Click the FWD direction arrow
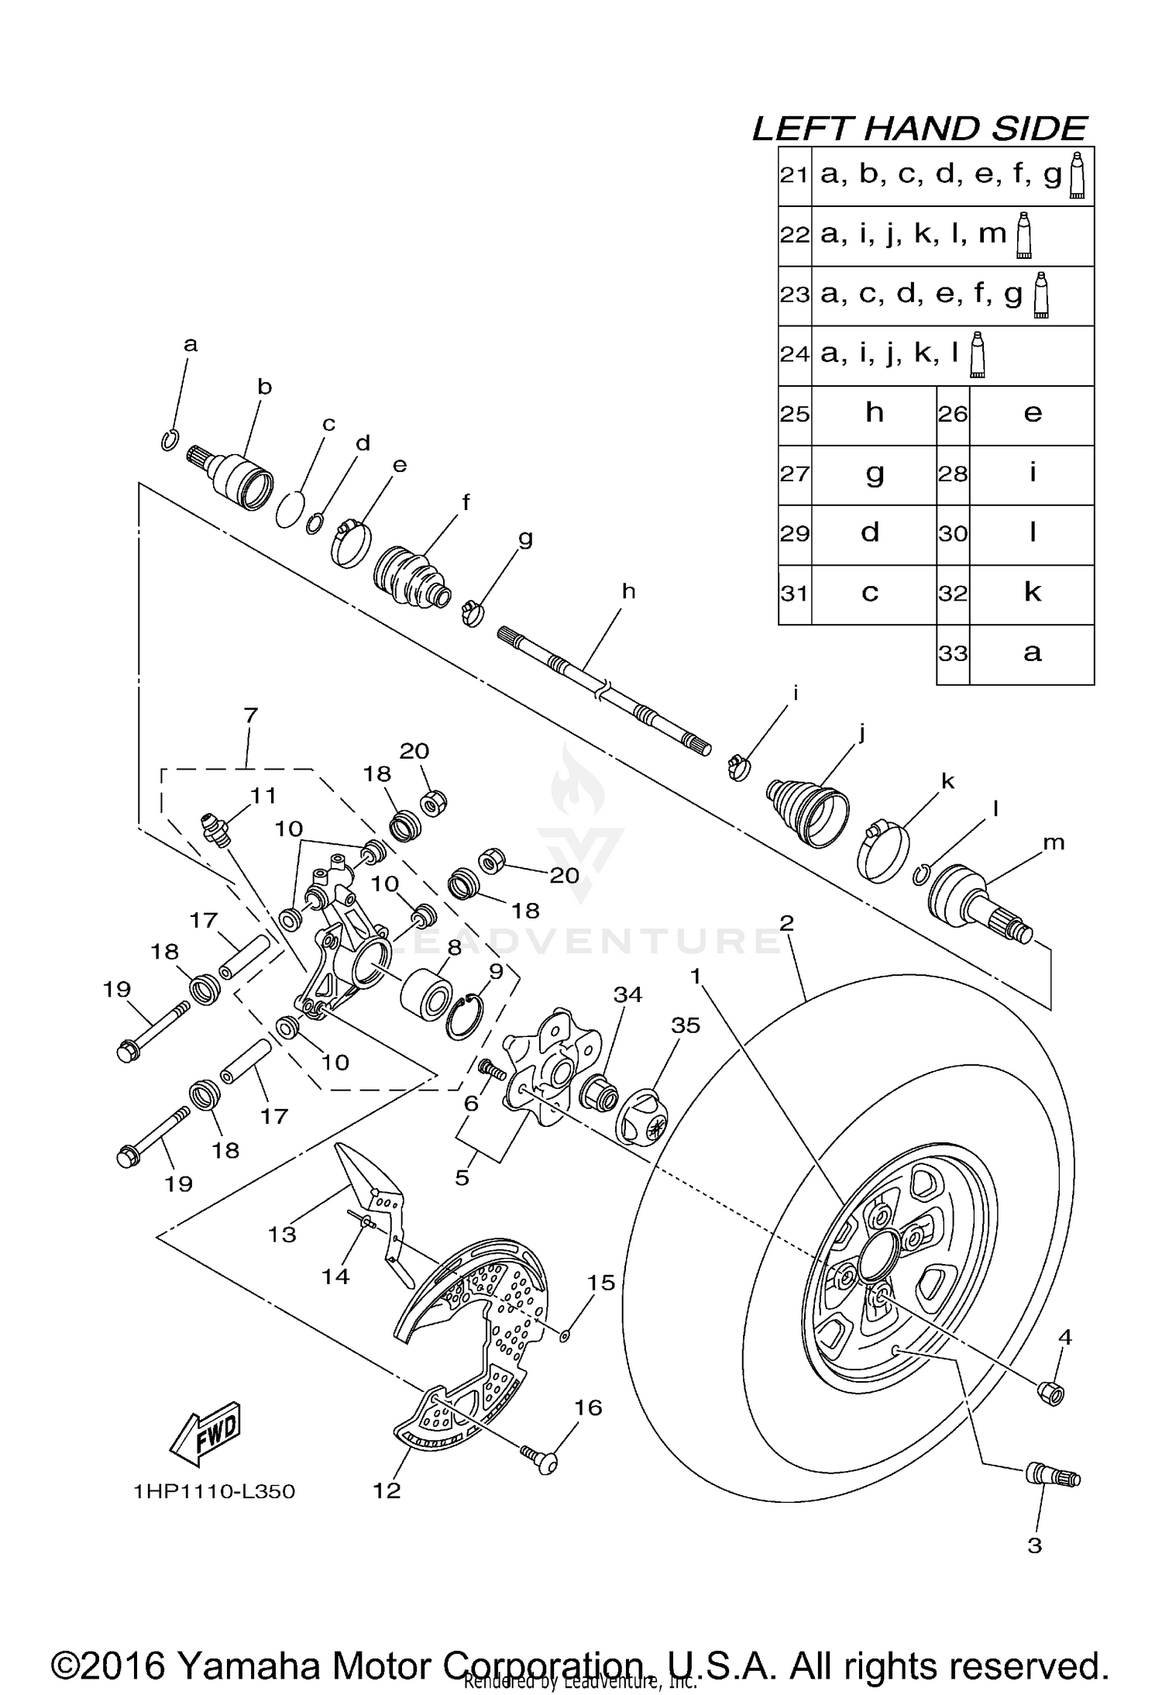click(x=205, y=1432)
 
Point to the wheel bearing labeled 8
click(x=426, y=994)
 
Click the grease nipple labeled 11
click(x=216, y=826)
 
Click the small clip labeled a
click(x=171, y=439)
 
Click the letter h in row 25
click(x=875, y=413)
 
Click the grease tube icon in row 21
click(x=1077, y=176)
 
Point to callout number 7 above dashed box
click(x=250, y=715)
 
